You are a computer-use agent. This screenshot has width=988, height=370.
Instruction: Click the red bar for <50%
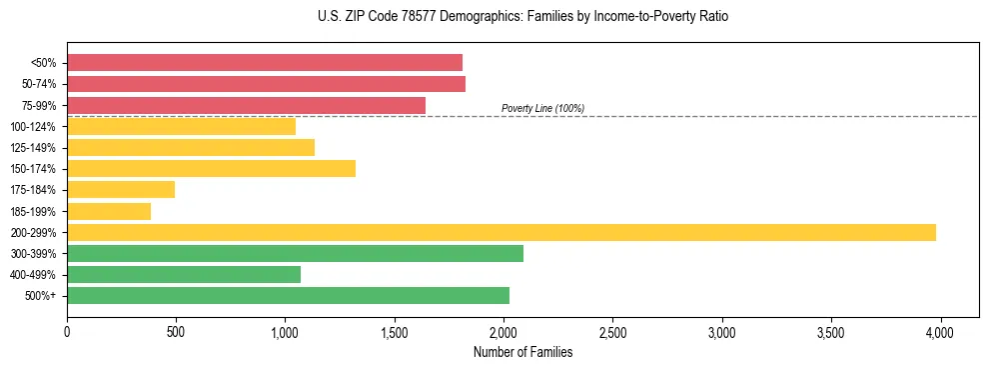(265, 63)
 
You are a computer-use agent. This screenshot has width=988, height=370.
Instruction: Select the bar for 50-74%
(266, 84)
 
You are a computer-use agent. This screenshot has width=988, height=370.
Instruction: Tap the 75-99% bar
(246, 105)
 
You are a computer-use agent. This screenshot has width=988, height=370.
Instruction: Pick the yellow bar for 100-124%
(181, 126)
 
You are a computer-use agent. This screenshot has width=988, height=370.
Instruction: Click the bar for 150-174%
(211, 168)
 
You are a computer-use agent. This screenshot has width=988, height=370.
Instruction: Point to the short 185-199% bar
(109, 211)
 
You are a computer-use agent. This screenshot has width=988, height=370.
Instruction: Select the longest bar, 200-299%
(501, 232)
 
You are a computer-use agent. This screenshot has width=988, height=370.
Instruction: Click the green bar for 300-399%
(295, 253)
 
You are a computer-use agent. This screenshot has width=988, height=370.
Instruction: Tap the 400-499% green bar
(184, 274)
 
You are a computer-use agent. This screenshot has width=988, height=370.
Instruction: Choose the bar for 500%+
(288, 295)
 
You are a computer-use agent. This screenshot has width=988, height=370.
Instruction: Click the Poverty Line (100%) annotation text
(542, 108)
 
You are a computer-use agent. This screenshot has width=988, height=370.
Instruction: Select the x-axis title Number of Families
(522, 352)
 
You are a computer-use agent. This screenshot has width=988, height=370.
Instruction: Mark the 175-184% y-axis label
(33, 190)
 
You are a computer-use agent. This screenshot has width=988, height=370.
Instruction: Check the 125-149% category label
(33, 148)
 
